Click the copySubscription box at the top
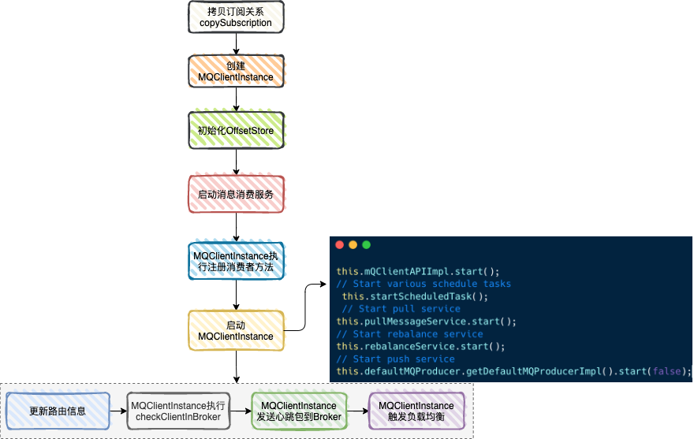[x=236, y=17]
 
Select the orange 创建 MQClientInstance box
[x=236, y=71]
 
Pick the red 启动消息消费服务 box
[x=236, y=193]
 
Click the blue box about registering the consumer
[x=236, y=261]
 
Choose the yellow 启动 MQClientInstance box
[x=236, y=330]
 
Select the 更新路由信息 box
[x=58, y=411]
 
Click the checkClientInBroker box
[x=178, y=411]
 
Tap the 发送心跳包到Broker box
[x=299, y=411]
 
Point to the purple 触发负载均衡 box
[x=416, y=411]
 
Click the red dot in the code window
[x=340, y=245]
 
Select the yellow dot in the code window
[x=353, y=245]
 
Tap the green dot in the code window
[x=365, y=245]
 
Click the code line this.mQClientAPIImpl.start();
[x=418, y=271]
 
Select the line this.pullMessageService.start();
[x=426, y=322]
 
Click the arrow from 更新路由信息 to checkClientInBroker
[x=118, y=411]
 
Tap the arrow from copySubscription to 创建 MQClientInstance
[x=236, y=44]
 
